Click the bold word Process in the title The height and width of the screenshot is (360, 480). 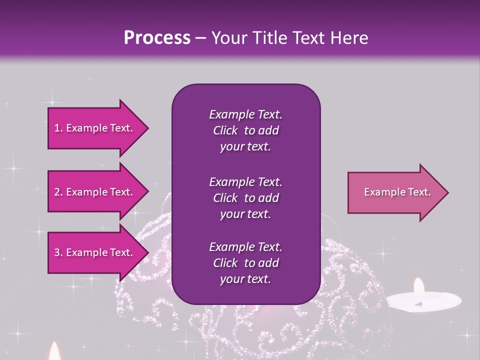tap(157, 38)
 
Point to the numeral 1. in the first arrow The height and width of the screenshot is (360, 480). tap(58, 128)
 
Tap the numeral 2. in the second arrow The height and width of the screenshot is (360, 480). tap(58, 192)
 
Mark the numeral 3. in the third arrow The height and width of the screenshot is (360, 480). tap(58, 252)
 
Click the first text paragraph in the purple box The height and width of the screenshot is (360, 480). tap(245, 130)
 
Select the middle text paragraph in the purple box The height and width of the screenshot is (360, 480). tap(245, 197)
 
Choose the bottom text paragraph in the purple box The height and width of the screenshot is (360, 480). tap(245, 263)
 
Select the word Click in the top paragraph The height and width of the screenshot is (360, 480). tap(225, 130)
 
